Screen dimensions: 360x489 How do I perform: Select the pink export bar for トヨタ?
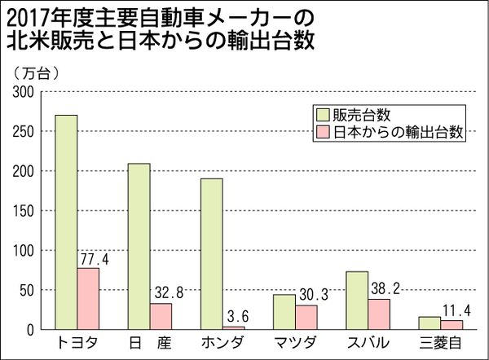(x=88, y=299)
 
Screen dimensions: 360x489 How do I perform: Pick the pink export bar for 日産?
(x=161, y=317)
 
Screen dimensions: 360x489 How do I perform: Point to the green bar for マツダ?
(x=284, y=312)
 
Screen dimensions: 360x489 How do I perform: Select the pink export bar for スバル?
(x=379, y=314)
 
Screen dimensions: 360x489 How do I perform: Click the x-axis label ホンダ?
(x=222, y=342)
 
